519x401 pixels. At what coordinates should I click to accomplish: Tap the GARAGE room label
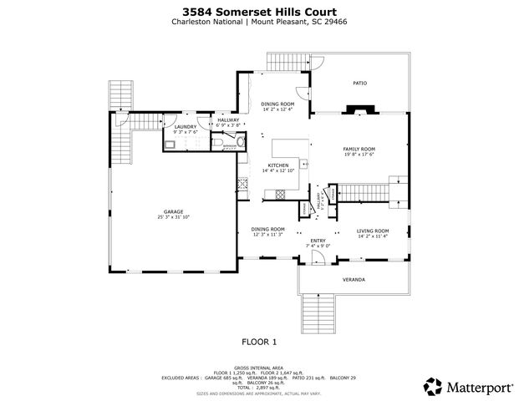click(173, 211)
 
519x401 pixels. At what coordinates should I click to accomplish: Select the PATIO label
click(359, 84)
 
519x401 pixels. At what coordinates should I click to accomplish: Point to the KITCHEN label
click(277, 165)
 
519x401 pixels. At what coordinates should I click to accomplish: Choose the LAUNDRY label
click(185, 126)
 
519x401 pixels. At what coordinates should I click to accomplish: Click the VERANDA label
click(353, 278)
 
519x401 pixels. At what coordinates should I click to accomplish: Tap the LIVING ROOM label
click(373, 231)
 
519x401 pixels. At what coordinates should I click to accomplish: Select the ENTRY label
click(318, 240)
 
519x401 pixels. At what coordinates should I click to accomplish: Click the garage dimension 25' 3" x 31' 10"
click(173, 217)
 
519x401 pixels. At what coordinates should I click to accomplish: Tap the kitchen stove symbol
click(243, 184)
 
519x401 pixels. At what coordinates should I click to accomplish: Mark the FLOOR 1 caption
click(259, 342)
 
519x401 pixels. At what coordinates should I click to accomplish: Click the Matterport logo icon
click(434, 386)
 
